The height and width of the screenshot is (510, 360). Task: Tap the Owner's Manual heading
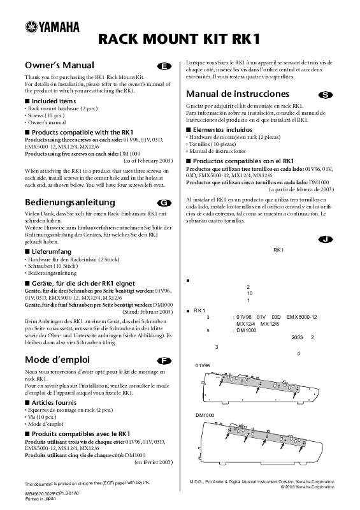(59, 65)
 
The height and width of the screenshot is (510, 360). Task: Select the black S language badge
(325, 95)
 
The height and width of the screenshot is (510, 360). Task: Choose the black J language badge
(325, 239)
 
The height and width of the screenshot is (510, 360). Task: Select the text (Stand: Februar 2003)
(148, 311)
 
